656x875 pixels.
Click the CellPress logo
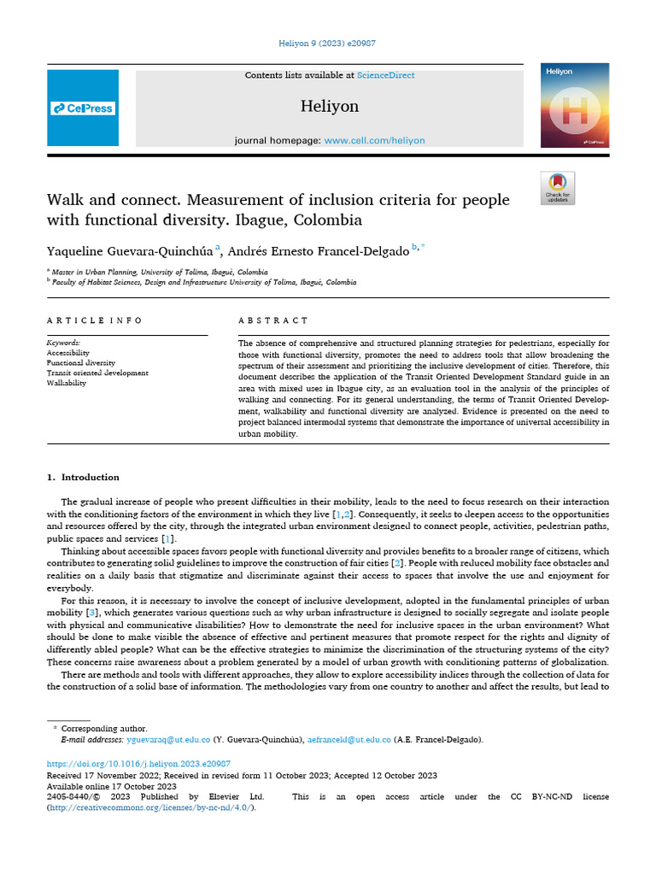(x=83, y=109)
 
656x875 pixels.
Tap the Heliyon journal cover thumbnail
(x=574, y=104)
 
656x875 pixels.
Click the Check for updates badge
(x=558, y=188)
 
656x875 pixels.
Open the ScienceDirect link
(x=385, y=75)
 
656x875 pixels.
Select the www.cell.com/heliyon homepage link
(x=374, y=140)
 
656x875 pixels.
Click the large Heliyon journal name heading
(x=330, y=107)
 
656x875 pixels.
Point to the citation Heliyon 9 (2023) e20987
(x=329, y=44)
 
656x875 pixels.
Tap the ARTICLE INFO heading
(x=95, y=320)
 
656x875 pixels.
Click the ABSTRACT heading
(x=273, y=320)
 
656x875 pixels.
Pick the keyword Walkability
(x=67, y=384)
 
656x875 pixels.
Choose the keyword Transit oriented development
(x=97, y=373)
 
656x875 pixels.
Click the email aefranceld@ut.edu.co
(x=350, y=739)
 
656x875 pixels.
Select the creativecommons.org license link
(x=149, y=807)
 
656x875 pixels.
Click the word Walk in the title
(x=65, y=201)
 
